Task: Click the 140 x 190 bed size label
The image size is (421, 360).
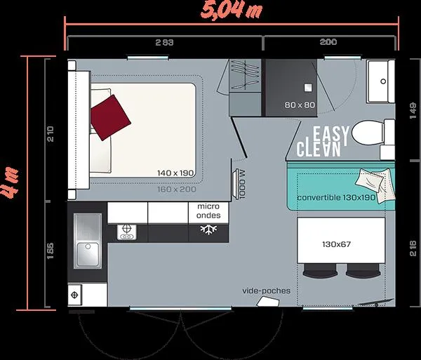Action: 175,172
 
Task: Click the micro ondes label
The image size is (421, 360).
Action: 208,211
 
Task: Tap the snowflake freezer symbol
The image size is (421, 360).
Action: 208,230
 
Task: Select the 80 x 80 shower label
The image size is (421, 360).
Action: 300,105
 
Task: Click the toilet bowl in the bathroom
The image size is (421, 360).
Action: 366,131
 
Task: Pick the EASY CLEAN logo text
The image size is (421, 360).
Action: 320,141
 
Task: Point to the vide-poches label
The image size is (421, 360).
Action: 266,291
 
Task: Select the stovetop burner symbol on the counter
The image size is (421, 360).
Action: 127,232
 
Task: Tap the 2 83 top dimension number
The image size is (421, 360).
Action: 164,43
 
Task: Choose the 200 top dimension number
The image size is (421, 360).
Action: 328,43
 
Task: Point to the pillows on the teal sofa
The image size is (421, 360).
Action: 370,180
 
